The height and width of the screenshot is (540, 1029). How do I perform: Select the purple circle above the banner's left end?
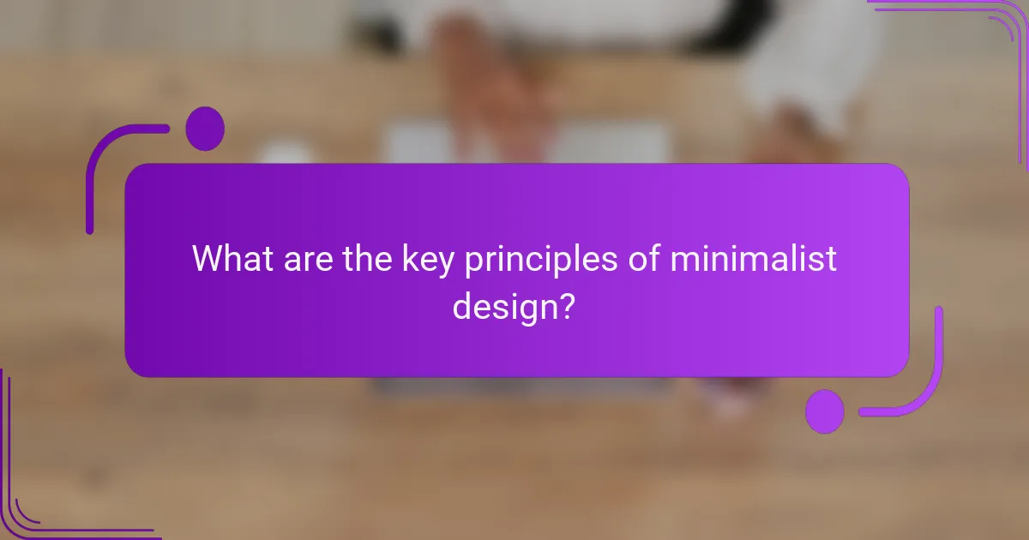(204, 129)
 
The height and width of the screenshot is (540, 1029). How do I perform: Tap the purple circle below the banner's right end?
(825, 411)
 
